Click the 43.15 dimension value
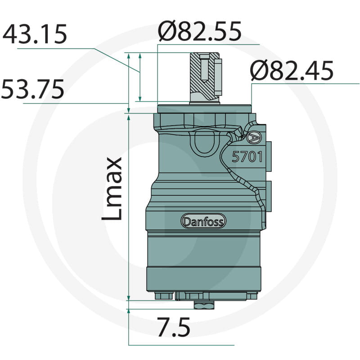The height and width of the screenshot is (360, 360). [35, 34]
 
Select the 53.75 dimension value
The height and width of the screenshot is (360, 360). [32, 89]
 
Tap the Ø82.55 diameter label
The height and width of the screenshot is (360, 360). [199, 31]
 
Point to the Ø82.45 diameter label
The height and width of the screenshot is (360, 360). [292, 70]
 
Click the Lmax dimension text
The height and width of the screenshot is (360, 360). [112, 189]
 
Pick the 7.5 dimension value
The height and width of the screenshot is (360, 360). [174, 327]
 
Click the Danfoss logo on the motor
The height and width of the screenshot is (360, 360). [203, 221]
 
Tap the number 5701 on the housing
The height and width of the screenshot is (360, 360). [247, 157]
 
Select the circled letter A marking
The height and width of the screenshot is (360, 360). [254, 137]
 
